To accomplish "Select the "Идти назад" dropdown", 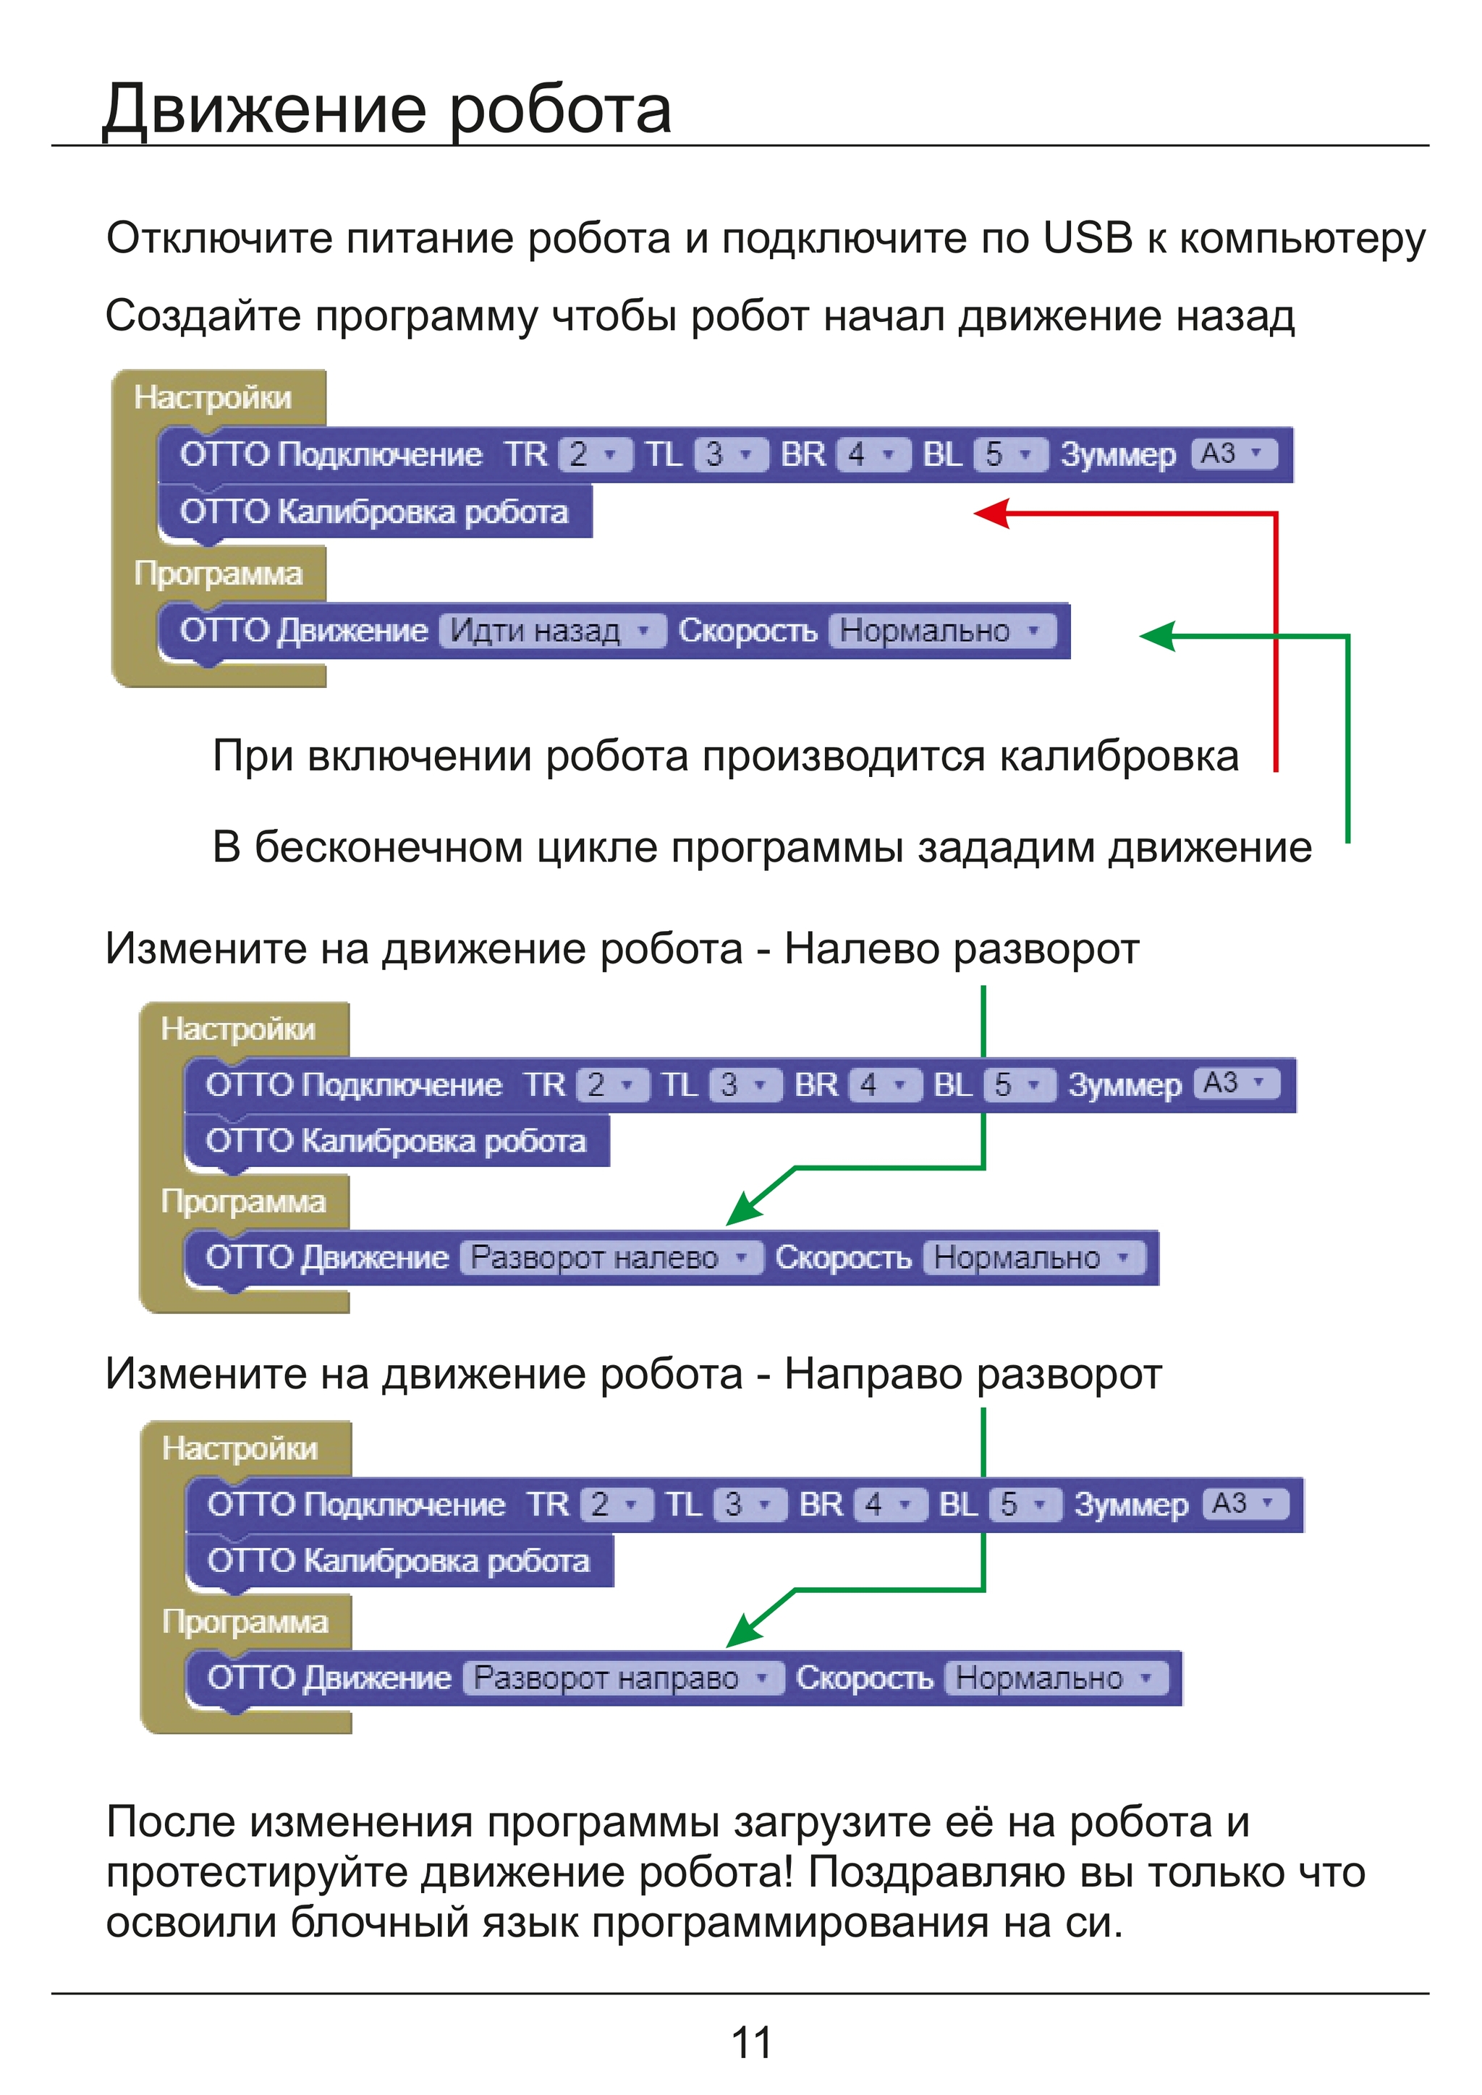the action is (552, 631).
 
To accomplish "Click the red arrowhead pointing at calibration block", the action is (992, 513).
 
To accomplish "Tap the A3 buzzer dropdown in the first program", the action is (1234, 453).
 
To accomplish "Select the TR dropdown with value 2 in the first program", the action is (594, 454).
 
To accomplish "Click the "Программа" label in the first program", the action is (218, 574).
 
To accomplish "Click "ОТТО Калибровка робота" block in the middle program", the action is (396, 1141).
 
